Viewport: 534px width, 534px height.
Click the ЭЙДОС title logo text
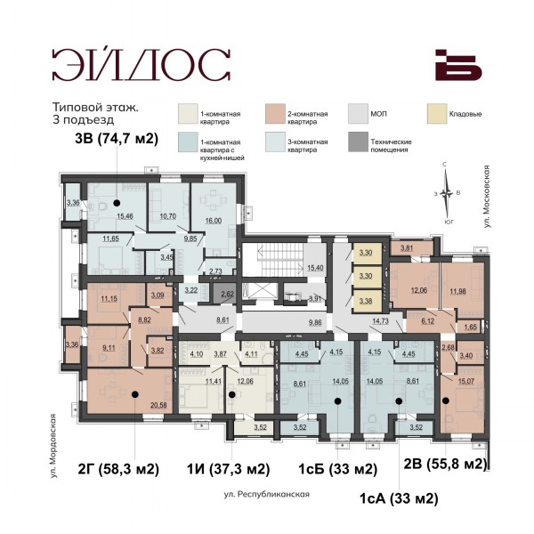tap(142, 64)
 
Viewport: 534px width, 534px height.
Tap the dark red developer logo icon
tap(458, 65)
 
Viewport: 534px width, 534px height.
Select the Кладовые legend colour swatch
tap(437, 114)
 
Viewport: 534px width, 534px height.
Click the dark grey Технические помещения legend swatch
tap(359, 142)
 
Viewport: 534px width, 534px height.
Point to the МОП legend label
tap(379, 114)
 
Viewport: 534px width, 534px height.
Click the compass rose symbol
tap(446, 194)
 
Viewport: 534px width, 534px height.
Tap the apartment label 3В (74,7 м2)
tap(117, 139)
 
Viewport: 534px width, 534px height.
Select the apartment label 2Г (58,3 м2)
tap(118, 469)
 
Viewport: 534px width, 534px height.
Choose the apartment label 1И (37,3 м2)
tap(228, 469)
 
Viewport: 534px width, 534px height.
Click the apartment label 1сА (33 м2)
tap(399, 498)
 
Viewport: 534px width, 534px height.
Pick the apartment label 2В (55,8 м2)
tap(445, 464)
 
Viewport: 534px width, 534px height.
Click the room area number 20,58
tap(158, 405)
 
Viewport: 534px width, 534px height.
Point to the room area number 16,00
tap(214, 221)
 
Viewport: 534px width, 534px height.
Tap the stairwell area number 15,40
tap(315, 268)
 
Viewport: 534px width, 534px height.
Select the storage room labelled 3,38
tap(366, 301)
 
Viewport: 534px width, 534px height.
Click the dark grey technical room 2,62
tap(223, 294)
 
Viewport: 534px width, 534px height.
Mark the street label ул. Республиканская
tap(267, 494)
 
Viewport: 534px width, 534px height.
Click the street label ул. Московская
tap(487, 197)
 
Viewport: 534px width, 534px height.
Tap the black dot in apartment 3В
tap(117, 203)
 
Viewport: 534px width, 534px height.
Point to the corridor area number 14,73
tap(380, 320)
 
